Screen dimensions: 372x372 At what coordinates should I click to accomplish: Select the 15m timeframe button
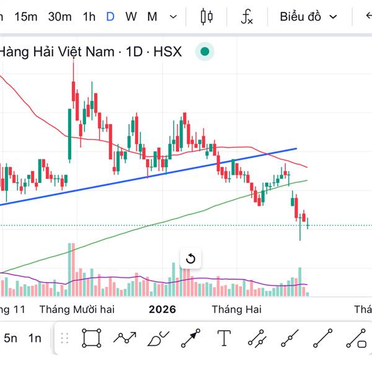(x=26, y=17)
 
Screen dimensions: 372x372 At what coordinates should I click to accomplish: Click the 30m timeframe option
(x=60, y=17)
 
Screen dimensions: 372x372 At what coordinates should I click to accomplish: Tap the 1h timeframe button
(x=89, y=17)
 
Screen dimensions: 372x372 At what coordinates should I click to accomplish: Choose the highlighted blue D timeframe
(x=110, y=17)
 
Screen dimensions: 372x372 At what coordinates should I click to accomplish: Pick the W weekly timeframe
(x=131, y=17)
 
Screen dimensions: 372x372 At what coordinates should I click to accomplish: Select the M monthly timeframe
(x=152, y=17)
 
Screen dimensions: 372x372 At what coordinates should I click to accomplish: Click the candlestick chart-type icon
(x=207, y=17)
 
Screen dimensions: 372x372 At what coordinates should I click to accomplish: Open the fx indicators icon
(x=247, y=17)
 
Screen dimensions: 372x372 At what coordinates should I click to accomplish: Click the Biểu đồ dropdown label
(x=300, y=17)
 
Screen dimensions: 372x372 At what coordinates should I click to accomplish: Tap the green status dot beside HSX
(x=205, y=51)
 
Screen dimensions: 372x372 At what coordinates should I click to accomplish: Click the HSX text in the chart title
(x=167, y=51)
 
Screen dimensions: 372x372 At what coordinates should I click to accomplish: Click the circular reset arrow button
(x=190, y=259)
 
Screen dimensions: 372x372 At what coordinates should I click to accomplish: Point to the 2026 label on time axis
(x=162, y=309)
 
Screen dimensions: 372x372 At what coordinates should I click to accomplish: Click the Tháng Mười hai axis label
(x=77, y=309)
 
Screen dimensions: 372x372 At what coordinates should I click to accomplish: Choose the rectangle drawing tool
(x=92, y=339)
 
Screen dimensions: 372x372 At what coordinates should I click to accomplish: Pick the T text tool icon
(x=224, y=339)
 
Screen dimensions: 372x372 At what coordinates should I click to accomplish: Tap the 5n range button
(x=11, y=339)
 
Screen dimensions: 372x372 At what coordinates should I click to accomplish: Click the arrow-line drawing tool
(x=191, y=339)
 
